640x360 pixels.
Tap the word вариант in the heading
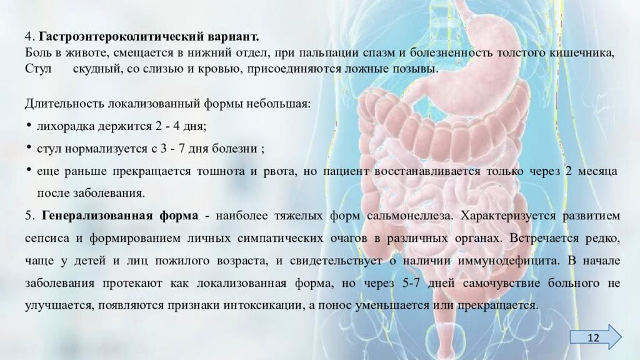tap(232, 36)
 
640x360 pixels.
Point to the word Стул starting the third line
tap(37, 68)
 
